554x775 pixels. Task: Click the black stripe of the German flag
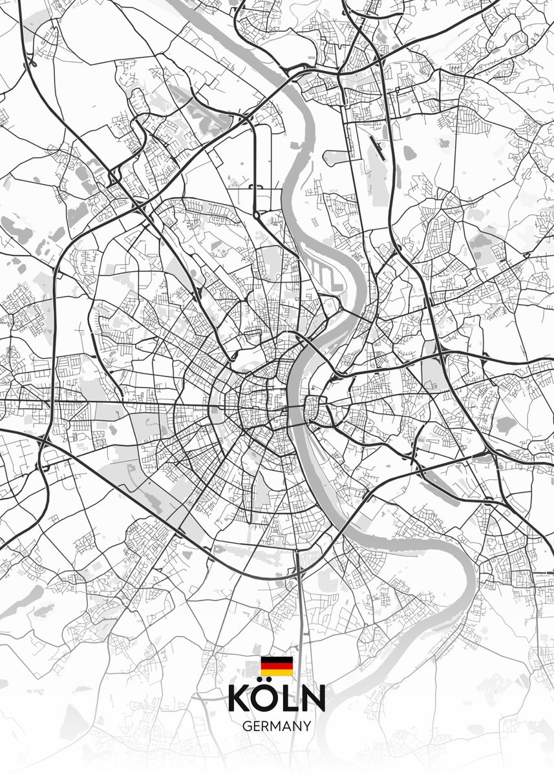(x=277, y=659)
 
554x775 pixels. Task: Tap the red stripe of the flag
(x=277, y=666)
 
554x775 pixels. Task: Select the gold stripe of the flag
(x=277, y=672)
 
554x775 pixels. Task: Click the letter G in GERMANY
(x=247, y=726)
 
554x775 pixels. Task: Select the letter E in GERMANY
(x=257, y=726)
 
